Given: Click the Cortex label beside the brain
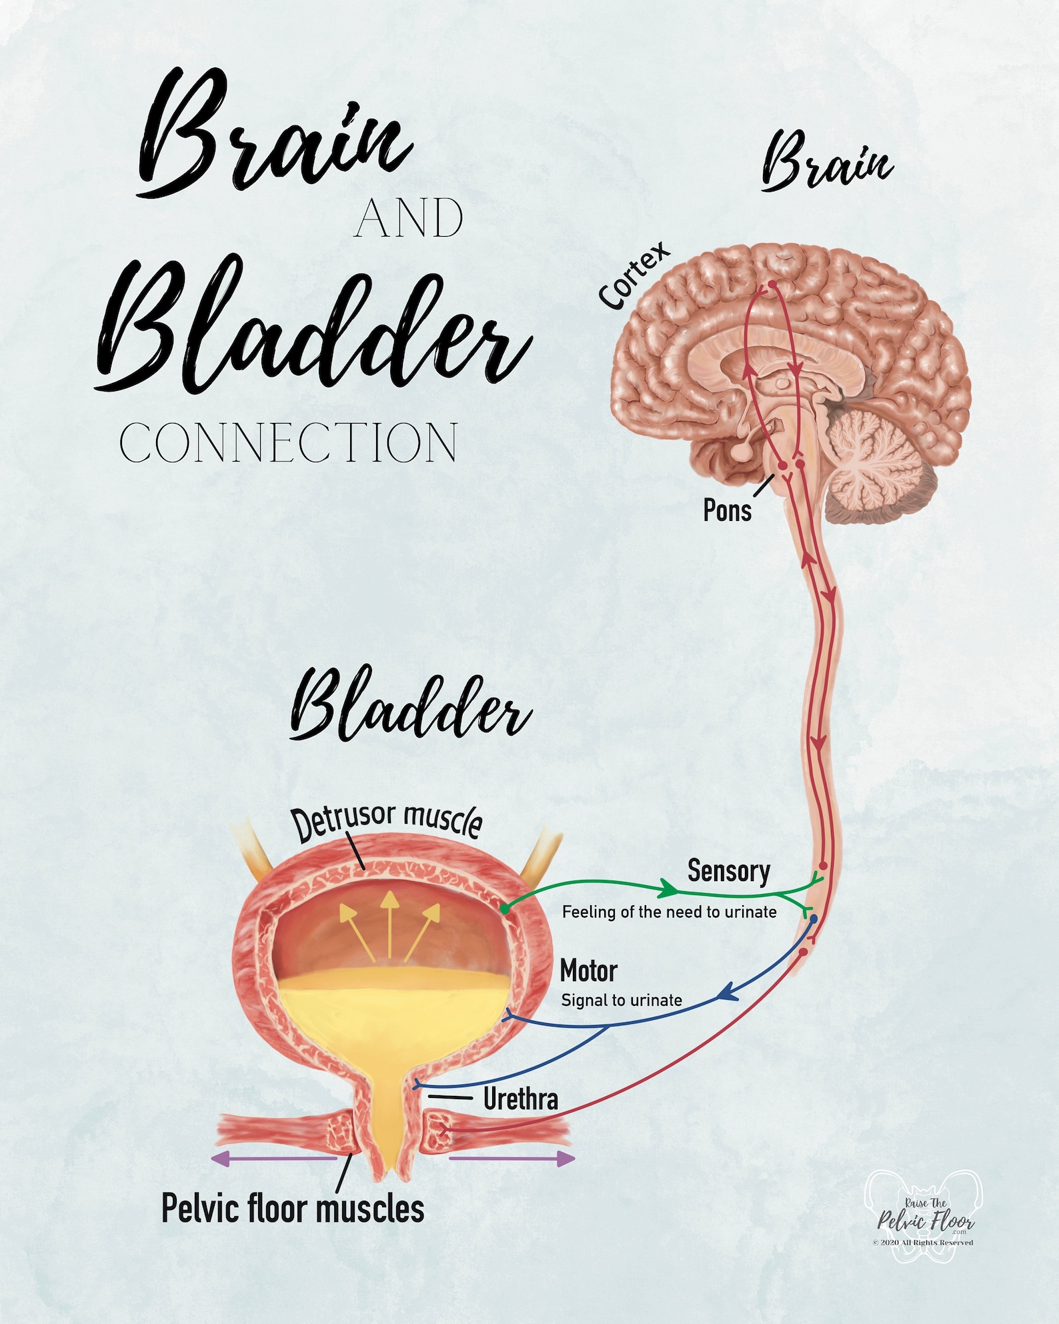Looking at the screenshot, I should (634, 275).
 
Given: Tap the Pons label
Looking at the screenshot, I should (727, 510).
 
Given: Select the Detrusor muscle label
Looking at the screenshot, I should (387, 823).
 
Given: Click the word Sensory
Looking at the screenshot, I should (728, 871).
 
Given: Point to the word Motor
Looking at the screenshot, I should (588, 971).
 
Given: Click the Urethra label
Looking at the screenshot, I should (520, 1099).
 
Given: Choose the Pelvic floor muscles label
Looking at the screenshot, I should (293, 1208).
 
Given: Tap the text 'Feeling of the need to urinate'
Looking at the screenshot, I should (669, 912).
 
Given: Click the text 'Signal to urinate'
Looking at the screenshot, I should (622, 1000).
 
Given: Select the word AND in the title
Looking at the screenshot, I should (409, 219).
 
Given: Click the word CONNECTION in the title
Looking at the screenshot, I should (289, 443).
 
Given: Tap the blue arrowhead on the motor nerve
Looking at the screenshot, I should (726, 993).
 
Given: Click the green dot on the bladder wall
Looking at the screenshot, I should (505, 909).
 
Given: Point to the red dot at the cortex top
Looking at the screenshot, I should (772, 284).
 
